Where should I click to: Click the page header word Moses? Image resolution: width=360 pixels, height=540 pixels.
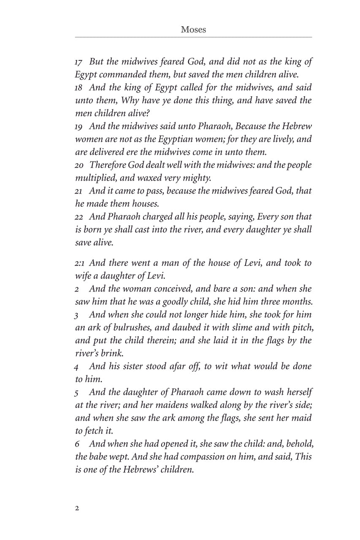(193, 30)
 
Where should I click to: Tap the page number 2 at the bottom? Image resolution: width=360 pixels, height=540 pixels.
(77, 508)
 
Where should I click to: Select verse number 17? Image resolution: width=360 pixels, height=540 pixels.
(78, 62)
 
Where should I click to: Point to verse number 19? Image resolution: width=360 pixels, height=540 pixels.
(79, 127)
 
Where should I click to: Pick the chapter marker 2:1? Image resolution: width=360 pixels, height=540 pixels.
(79, 263)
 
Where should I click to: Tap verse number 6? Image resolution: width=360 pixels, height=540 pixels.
(77, 444)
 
